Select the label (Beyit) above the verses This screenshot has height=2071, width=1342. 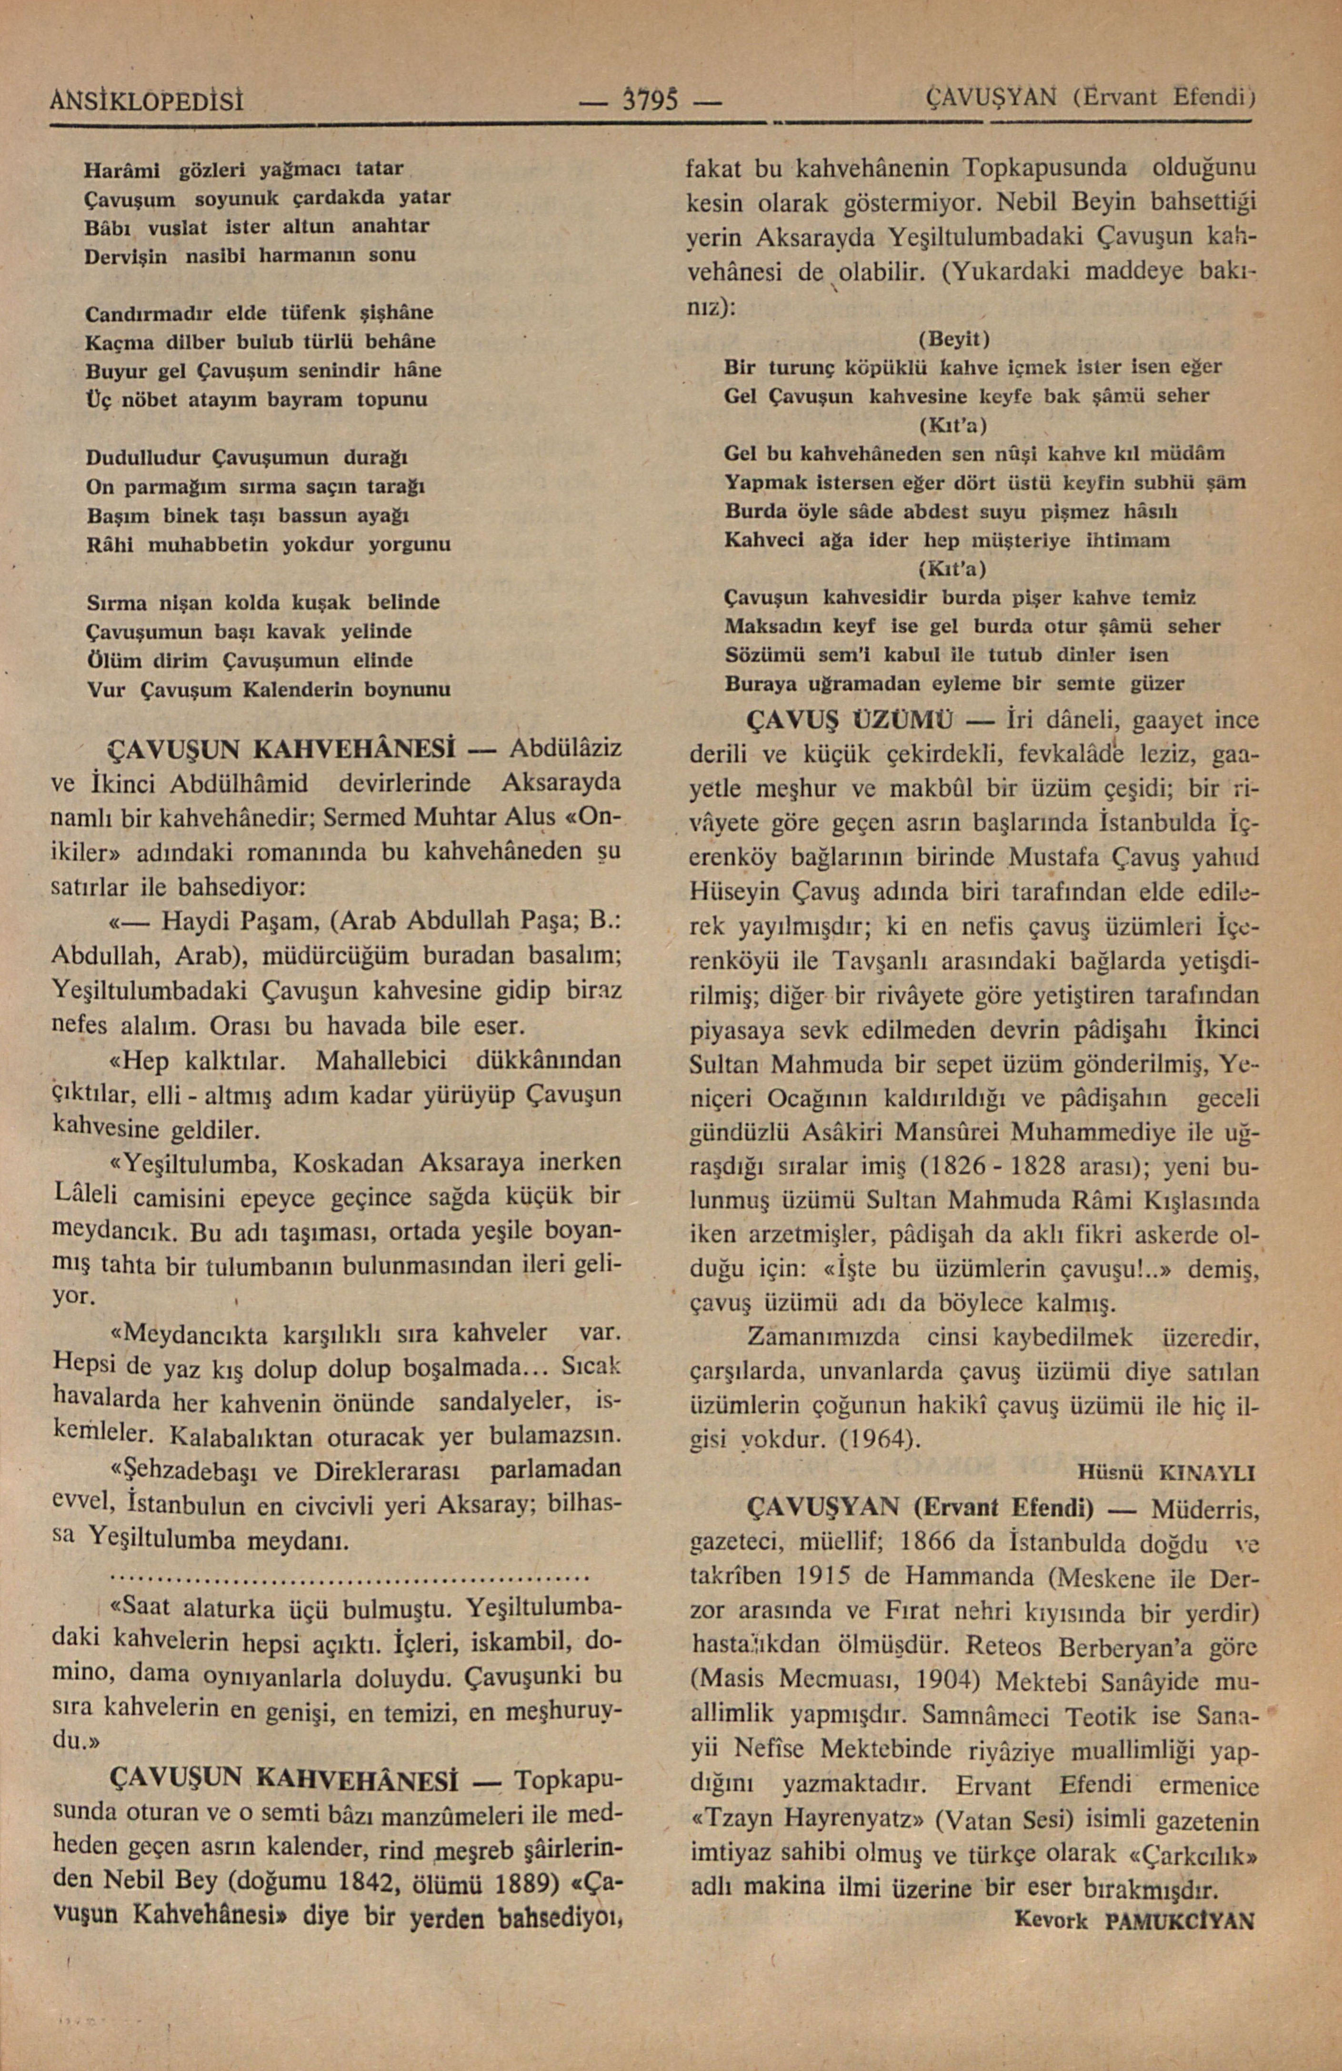point(954,337)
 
